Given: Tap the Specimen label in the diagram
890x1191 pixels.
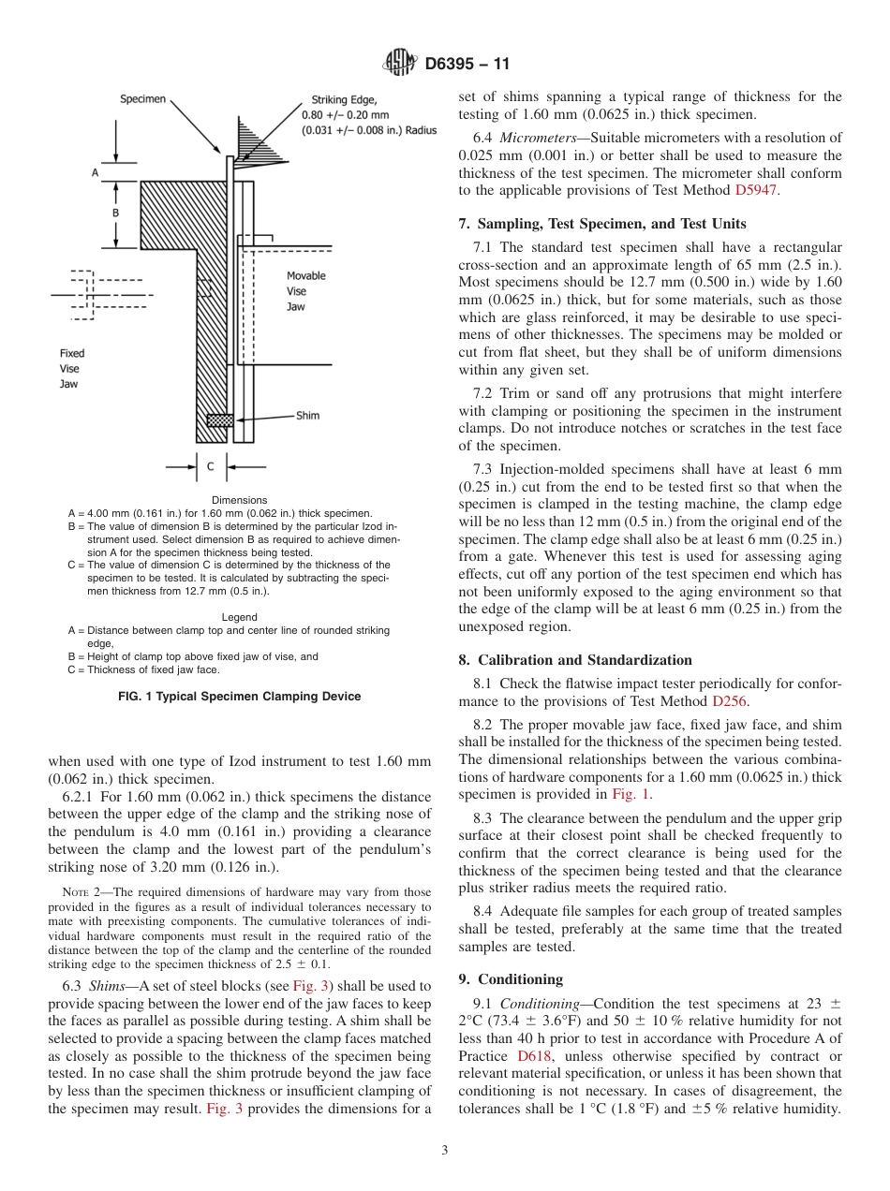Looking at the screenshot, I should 142,98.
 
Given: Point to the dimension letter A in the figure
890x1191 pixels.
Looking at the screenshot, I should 95,173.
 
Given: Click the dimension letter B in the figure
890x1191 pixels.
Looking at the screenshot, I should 115,213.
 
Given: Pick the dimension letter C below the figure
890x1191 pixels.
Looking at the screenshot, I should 211,465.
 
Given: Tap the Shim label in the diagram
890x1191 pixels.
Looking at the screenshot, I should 307,415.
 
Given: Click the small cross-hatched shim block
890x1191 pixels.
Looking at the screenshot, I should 219,420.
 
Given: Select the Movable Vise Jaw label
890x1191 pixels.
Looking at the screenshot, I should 305,290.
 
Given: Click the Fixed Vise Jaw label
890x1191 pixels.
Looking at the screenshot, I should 72,368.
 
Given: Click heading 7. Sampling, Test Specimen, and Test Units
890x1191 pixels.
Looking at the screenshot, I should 602,224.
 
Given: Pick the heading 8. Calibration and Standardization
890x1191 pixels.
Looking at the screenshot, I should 575,659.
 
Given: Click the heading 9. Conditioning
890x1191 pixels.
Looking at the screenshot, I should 511,978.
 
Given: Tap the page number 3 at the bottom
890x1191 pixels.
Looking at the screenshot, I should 444,1150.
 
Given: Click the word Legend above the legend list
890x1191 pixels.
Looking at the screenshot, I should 239,617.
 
